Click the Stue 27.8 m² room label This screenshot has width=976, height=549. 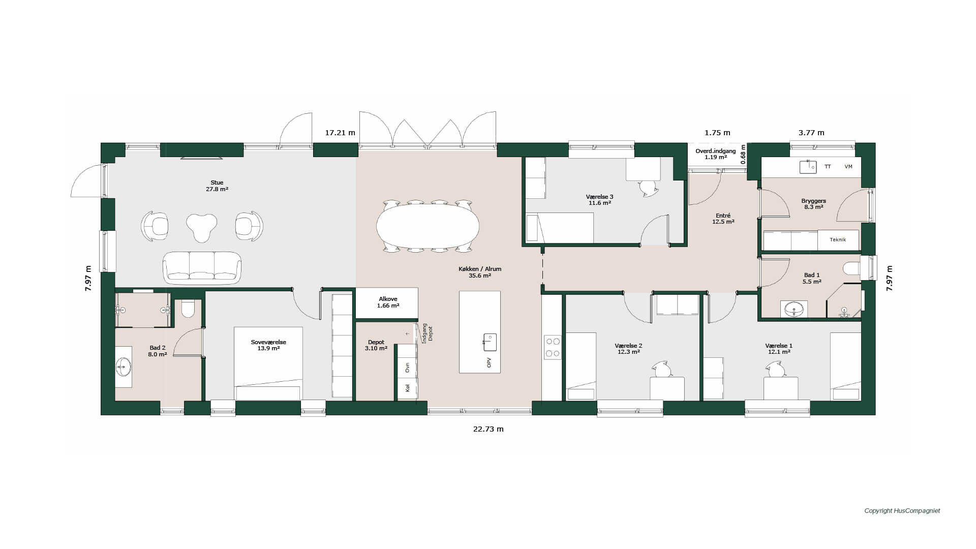217,186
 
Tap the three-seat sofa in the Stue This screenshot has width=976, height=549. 202,267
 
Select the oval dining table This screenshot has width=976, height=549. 428,226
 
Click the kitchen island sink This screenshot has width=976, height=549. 490,342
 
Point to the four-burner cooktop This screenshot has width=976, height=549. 552,347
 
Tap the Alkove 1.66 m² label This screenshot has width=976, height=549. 388,302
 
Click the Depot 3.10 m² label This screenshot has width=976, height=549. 376,345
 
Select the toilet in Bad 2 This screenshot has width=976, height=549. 188,309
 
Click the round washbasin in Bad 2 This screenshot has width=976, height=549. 124,366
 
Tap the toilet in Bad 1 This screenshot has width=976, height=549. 852,268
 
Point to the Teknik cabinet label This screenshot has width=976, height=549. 838,240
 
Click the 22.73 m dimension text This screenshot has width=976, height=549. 489,429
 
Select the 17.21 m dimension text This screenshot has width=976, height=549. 340,133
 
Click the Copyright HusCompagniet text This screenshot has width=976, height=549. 902,511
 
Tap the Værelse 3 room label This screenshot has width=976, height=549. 600,200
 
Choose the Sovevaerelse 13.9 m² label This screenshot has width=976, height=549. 268,345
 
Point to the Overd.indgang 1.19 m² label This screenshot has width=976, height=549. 716,154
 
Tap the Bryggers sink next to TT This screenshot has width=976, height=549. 808,167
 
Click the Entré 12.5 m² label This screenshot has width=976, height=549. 723,219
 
